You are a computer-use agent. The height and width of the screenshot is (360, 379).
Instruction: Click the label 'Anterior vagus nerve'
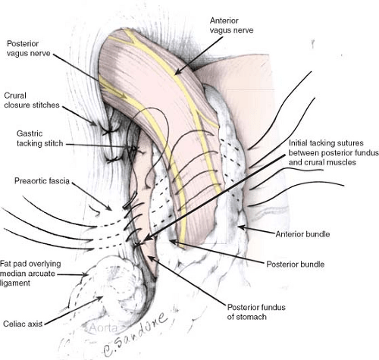pyautogui.click(x=231, y=25)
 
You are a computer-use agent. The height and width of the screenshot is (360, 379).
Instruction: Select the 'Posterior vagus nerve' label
pyautogui.click(x=28, y=49)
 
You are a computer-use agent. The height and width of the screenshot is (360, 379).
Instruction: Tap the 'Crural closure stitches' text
pyautogui.click(x=32, y=100)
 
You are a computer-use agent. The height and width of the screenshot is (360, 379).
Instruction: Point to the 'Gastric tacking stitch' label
pyautogui.click(x=39, y=139)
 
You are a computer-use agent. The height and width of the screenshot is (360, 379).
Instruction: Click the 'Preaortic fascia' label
pyautogui.click(x=42, y=181)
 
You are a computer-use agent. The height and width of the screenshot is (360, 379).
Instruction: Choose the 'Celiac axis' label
pyautogui.click(x=23, y=324)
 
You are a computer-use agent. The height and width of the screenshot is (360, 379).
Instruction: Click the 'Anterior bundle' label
pyautogui.click(x=302, y=234)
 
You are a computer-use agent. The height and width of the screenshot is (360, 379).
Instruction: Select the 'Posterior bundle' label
pyautogui.click(x=296, y=265)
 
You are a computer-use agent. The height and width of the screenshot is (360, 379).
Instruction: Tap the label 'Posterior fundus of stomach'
pyautogui.click(x=256, y=312)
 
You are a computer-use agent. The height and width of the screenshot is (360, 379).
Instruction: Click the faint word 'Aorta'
pyautogui.click(x=104, y=328)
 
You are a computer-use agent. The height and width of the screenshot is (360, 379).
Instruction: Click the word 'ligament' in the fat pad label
pyautogui.click(x=15, y=283)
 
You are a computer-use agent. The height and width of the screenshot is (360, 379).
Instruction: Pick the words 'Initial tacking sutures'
pyautogui.click(x=326, y=143)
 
